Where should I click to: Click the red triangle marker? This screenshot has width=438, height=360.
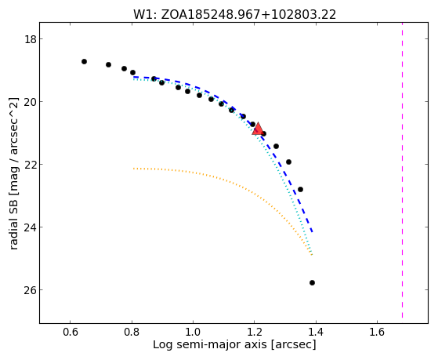pos(258,129)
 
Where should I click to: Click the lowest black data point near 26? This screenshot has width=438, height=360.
pos(312,283)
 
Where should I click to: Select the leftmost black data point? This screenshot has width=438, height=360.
pos(84,61)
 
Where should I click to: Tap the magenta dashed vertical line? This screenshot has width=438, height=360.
pos(402,170)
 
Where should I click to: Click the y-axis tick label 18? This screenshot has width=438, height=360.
pos(31,39)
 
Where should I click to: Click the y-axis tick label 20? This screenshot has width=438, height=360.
pos(31,102)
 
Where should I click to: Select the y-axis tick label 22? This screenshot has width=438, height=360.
pos(31,165)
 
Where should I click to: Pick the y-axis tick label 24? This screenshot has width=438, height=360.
pos(31,227)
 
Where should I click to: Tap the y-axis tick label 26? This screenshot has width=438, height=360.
pos(31,290)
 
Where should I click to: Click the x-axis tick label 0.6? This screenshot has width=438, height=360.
pos(70,332)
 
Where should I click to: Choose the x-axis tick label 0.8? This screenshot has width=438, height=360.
pos(132,332)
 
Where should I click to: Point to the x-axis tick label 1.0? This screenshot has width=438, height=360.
pos(193,332)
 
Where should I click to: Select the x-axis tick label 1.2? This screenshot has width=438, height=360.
pos(254,332)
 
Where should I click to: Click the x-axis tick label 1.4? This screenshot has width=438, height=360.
pos(316,332)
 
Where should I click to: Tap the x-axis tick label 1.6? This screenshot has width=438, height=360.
pos(377,332)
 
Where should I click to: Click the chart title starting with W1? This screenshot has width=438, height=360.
pos(234,15)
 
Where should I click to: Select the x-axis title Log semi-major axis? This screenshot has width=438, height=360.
pos(234,344)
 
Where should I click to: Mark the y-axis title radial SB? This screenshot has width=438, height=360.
pos(13,173)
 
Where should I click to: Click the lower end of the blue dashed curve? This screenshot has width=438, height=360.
pos(313,232)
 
